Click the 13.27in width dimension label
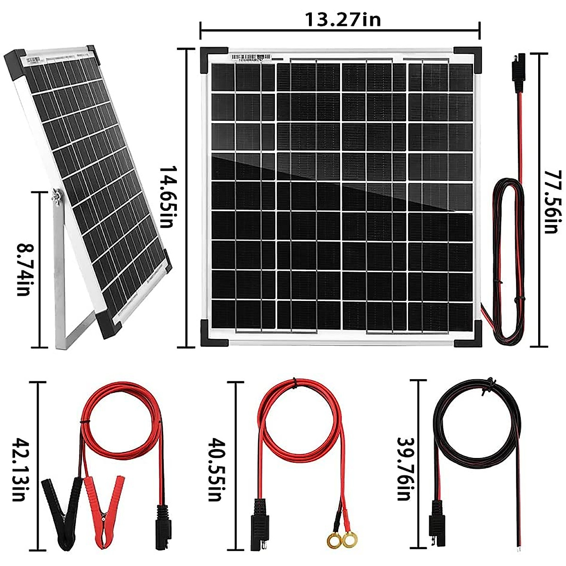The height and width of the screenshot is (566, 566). click(343, 19)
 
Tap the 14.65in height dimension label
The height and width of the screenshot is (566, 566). click(167, 197)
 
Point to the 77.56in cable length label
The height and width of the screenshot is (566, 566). click(551, 202)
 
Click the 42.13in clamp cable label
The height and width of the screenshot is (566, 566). click(19, 469)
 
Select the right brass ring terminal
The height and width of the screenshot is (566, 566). click(349, 539)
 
